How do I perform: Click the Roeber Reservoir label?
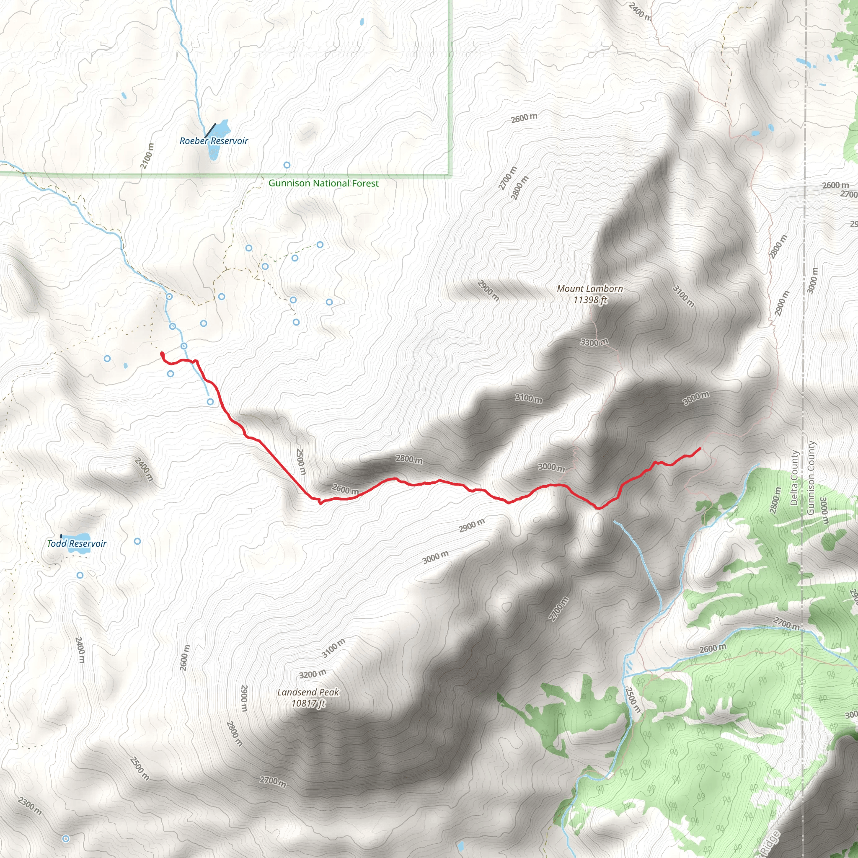coord(214,141)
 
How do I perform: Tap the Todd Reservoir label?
coord(77,543)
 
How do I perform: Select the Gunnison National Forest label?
coord(323,183)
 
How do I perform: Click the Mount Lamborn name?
coord(590,289)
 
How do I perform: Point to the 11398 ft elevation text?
coord(590,300)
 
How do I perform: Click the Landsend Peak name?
coord(308,692)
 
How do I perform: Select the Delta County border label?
coord(794,478)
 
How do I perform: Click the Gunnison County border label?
coord(811,478)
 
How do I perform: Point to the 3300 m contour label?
coord(594,342)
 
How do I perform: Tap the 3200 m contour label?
coord(313,674)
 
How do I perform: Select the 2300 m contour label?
coord(30,806)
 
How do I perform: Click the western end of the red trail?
coord(162,354)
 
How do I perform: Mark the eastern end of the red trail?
coord(700,449)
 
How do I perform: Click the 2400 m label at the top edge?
coord(640,12)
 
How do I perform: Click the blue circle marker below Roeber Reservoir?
coord(287,165)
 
